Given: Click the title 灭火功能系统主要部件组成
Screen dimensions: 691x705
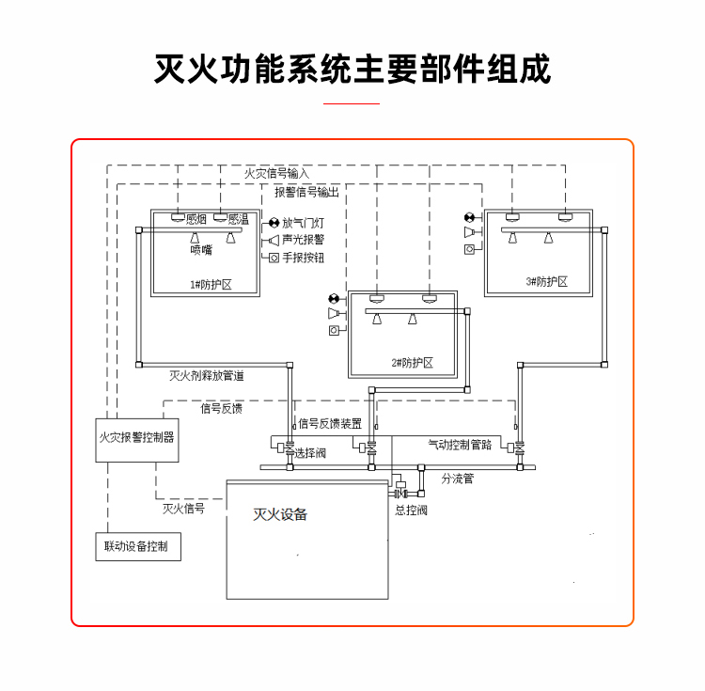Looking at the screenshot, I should click(x=352, y=69).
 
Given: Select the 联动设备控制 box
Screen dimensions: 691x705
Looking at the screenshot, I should click(x=137, y=547).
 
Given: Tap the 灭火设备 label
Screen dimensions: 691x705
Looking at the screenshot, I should click(x=280, y=515).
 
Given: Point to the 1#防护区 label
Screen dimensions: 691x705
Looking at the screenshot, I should click(x=211, y=282).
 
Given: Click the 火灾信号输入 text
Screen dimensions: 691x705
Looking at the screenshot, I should click(x=276, y=174).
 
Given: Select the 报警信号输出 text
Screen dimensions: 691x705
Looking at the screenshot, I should click(x=306, y=192).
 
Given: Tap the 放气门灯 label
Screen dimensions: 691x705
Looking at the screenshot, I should click(x=304, y=223).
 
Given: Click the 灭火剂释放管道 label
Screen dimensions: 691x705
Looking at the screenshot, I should click(x=207, y=375).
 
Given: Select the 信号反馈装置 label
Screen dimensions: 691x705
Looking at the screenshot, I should click(x=330, y=424).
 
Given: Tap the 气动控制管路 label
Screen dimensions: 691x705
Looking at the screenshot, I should click(x=460, y=445).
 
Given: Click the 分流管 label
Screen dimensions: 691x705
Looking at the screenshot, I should click(x=458, y=479).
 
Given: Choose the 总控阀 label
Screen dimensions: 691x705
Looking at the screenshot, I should click(x=411, y=510).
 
